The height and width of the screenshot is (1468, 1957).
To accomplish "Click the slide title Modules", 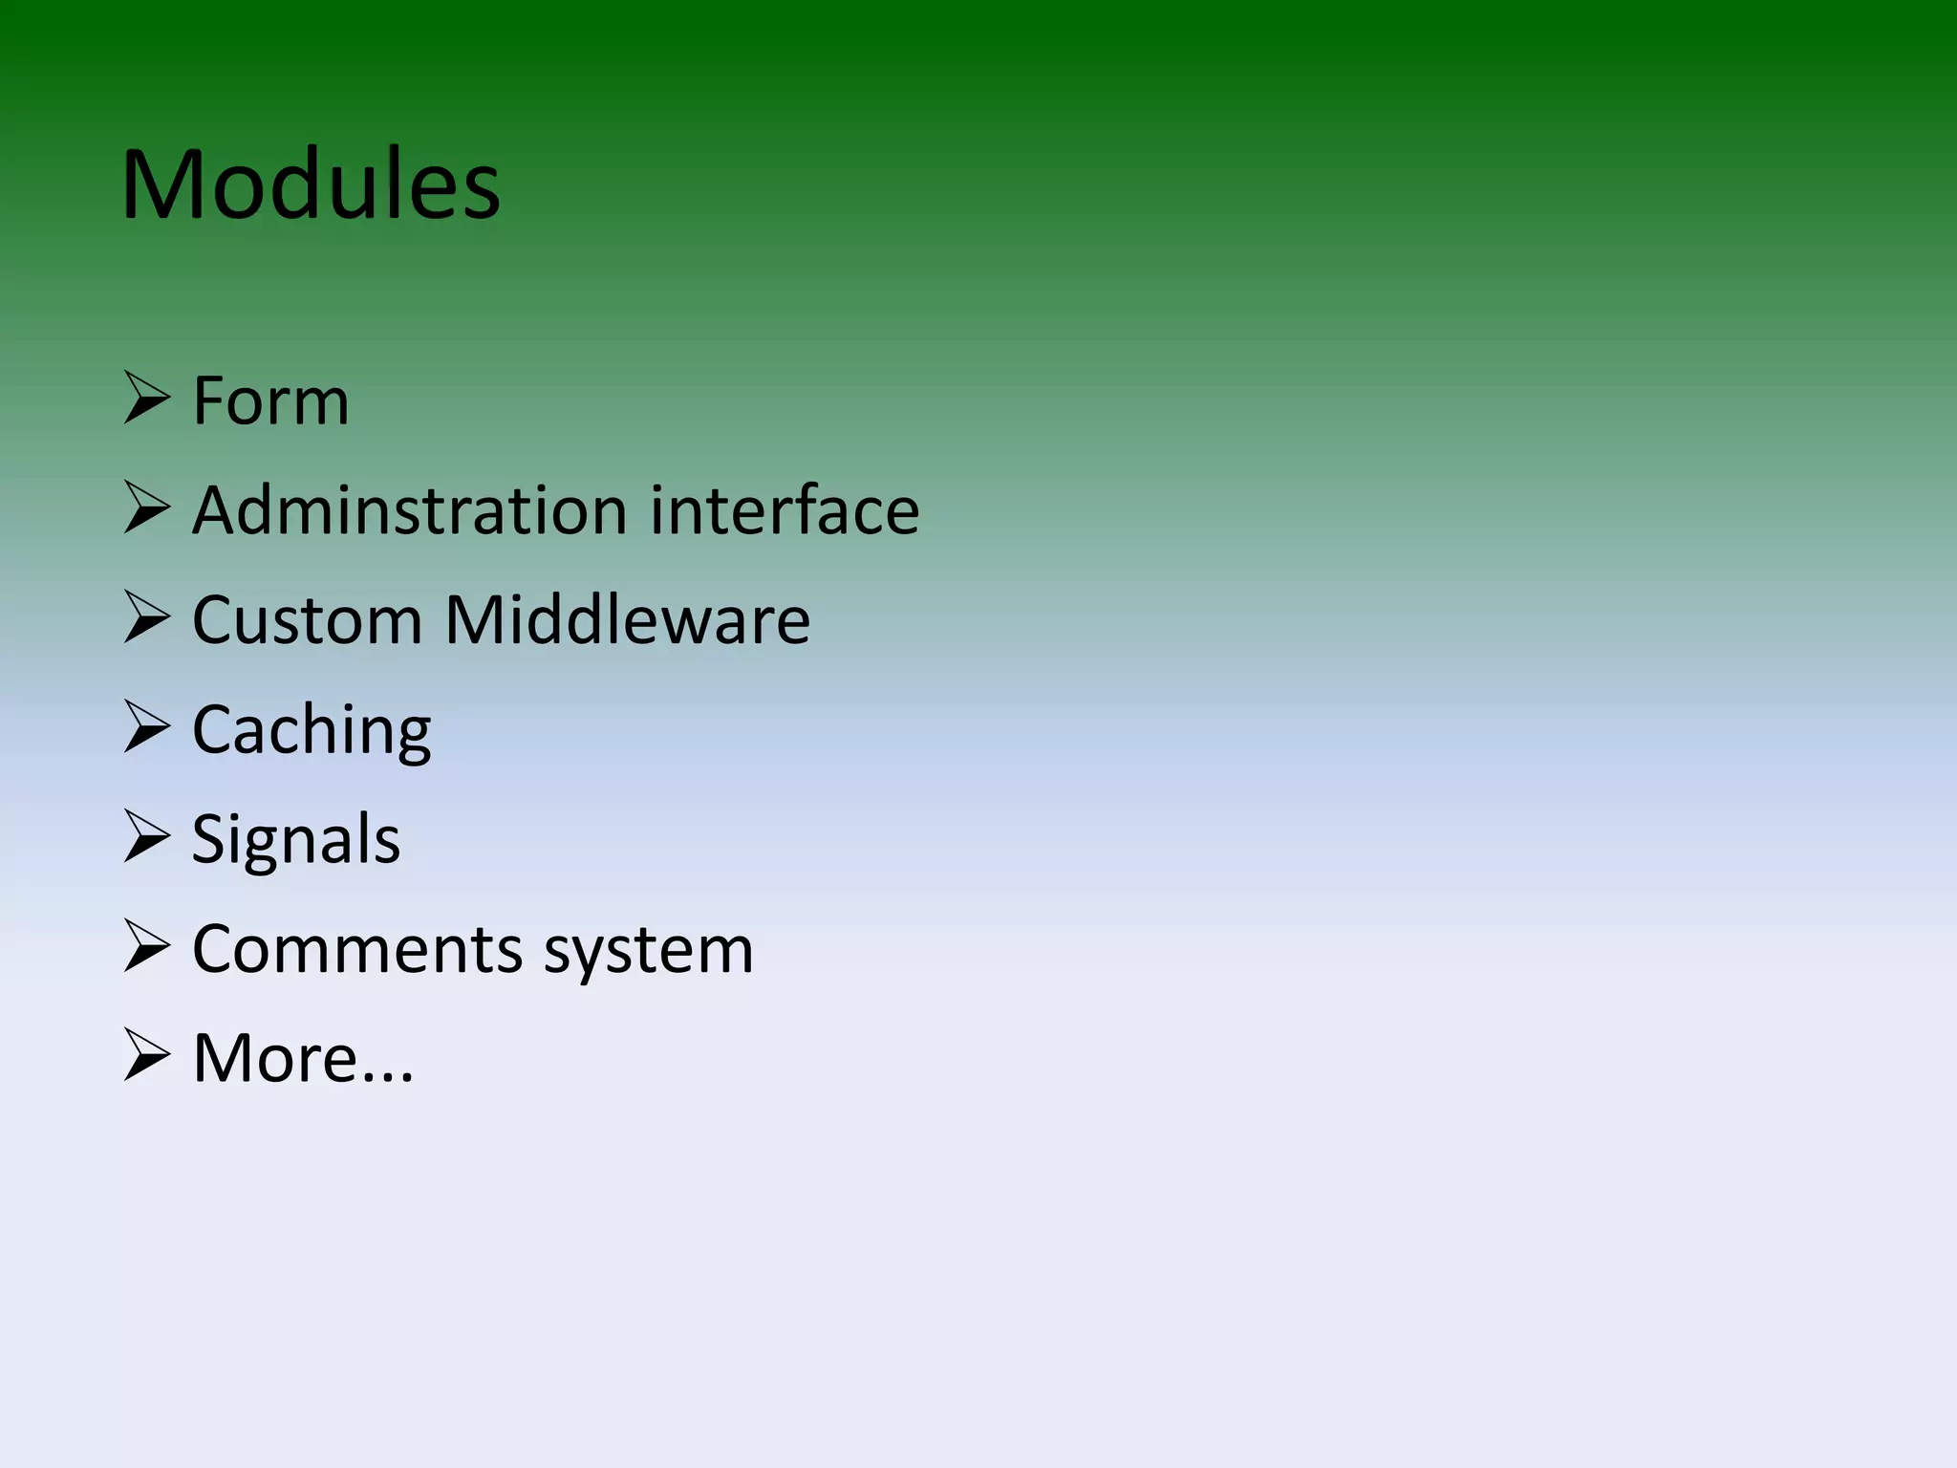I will [x=311, y=185].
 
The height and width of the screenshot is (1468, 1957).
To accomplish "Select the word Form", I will [x=270, y=400].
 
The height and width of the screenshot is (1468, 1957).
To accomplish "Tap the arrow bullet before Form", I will [x=146, y=399].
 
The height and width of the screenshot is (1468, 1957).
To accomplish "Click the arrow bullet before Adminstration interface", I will [x=146, y=507].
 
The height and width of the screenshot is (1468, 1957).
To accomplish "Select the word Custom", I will [x=307, y=620].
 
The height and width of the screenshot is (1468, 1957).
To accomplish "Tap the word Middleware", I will [x=627, y=620].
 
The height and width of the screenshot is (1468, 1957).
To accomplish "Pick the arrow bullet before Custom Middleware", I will [x=146, y=617].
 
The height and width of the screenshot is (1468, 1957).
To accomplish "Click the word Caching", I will [x=312, y=731].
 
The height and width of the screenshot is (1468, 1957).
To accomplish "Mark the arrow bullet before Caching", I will [x=146, y=727].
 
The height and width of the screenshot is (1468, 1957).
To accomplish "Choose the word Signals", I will [x=295, y=840].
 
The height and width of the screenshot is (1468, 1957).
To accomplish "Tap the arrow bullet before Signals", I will [x=146, y=836].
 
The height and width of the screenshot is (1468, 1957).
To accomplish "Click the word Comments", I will [x=358, y=950].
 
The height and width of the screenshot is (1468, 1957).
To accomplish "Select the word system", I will [x=649, y=952].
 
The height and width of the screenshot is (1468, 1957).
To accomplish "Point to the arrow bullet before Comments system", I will [x=146, y=946].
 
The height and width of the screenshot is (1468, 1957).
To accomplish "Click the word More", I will [x=275, y=1059].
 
